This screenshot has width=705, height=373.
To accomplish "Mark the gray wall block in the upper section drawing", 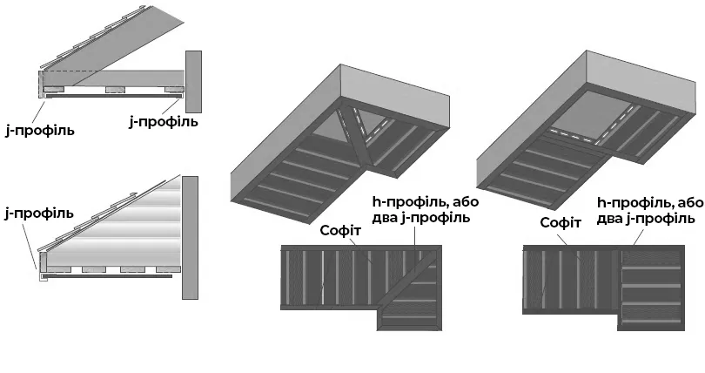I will (x=193, y=81).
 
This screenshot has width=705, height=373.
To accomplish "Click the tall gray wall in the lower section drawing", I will (x=191, y=236).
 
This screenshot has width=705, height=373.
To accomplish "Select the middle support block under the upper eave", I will (x=114, y=89).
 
